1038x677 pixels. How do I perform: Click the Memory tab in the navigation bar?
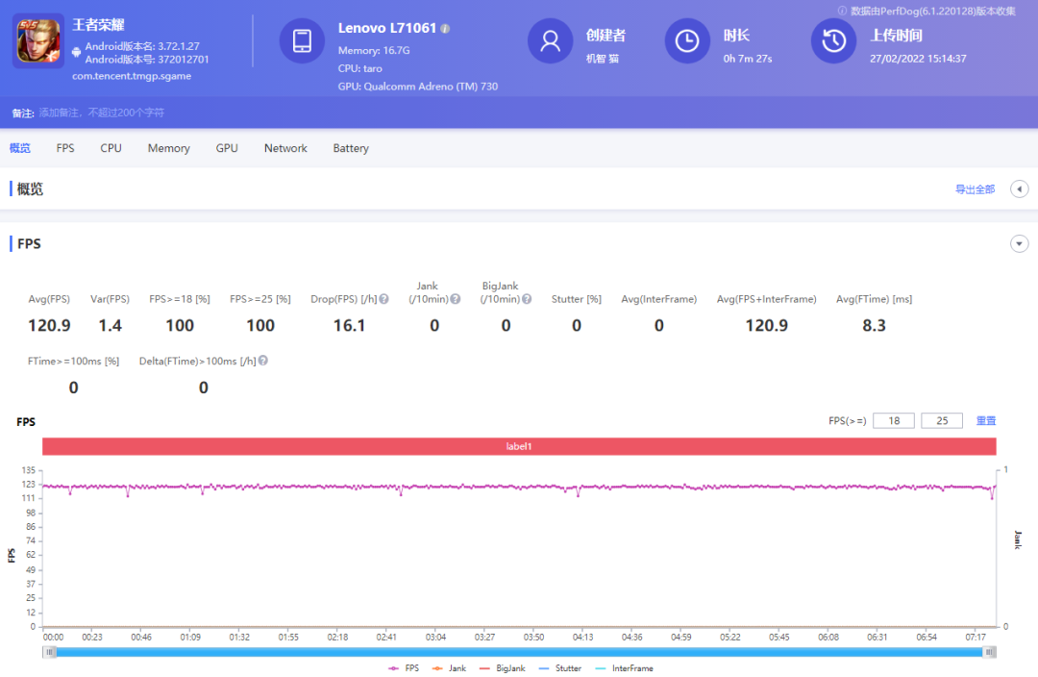(x=168, y=148)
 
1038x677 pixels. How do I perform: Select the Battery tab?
(x=351, y=148)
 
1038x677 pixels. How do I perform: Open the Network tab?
(x=285, y=148)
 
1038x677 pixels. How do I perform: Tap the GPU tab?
(x=227, y=148)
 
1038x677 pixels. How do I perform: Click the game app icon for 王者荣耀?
(x=38, y=40)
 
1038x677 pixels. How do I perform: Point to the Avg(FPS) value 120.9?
(x=49, y=325)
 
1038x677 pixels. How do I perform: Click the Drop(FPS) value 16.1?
(x=349, y=325)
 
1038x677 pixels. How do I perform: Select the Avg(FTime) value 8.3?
(x=874, y=325)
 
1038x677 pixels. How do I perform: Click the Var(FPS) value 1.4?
(x=110, y=325)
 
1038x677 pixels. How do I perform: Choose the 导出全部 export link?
(x=975, y=189)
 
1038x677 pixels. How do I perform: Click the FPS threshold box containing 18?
(x=894, y=420)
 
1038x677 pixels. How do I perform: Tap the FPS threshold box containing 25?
(x=942, y=420)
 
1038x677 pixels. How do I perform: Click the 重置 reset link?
(x=986, y=420)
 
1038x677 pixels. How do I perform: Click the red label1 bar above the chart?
(x=519, y=446)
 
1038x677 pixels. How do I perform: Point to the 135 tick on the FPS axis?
(x=28, y=470)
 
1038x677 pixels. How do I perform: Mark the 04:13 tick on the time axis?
(x=582, y=637)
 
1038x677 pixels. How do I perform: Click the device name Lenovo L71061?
(x=387, y=28)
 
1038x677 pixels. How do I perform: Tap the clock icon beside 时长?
(x=686, y=40)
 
